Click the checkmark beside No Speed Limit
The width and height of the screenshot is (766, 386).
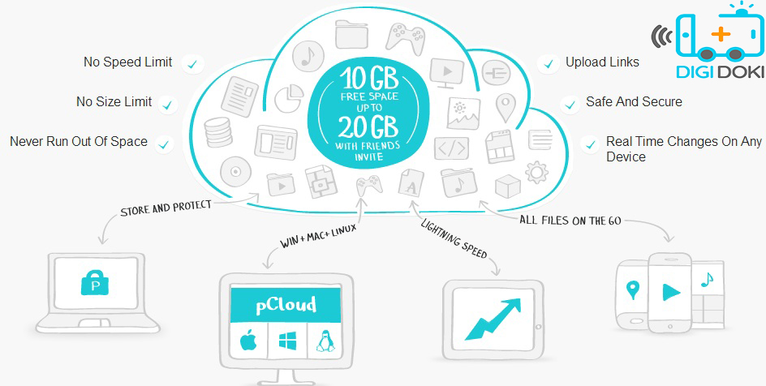click(x=193, y=64)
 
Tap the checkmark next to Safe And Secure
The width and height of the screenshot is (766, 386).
click(x=570, y=105)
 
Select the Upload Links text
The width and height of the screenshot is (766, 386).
click(x=602, y=62)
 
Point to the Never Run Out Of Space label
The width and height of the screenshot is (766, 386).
click(x=79, y=142)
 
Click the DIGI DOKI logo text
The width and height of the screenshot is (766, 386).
click(x=721, y=72)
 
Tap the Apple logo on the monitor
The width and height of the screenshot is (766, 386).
click(x=248, y=341)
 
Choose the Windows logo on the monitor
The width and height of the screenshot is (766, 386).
click(x=288, y=341)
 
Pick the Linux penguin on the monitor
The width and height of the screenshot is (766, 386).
click(x=324, y=341)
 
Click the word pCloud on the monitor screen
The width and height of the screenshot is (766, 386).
click(x=286, y=305)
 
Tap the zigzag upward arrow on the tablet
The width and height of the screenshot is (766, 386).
click(x=493, y=319)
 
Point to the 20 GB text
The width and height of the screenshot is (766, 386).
click(x=368, y=127)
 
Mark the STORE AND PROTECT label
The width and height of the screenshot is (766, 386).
click(x=166, y=208)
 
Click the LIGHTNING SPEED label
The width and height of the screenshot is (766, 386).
click(x=454, y=239)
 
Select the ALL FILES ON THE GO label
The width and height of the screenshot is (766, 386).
click(x=570, y=220)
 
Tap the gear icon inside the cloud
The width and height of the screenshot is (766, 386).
click(x=536, y=172)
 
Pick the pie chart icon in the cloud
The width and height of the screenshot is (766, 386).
click(x=289, y=98)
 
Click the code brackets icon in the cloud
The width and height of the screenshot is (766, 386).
click(x=452, y=149)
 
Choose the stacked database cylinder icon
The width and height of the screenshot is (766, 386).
click(x=218, y=131)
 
